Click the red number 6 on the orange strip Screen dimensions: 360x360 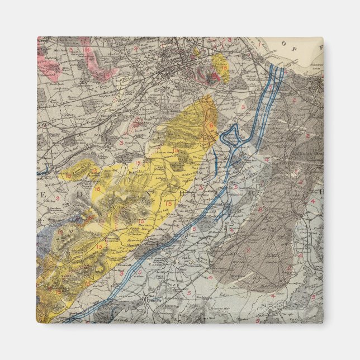pos(211,126)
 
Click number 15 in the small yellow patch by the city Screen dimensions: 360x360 pos(224,67)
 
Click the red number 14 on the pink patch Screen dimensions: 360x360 pos(88,50)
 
